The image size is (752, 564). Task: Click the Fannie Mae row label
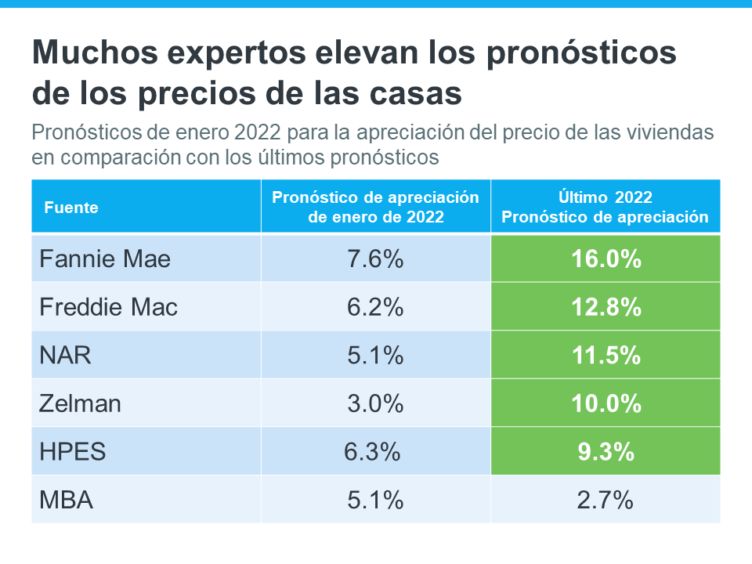point(105,258)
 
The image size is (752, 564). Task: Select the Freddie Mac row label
point(108,307)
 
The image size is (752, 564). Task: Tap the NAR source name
point(65,355)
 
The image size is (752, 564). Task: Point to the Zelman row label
point(80,403)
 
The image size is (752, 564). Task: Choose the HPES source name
point(72,451)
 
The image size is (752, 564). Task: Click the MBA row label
point(66,500)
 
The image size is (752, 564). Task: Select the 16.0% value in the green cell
point(606,258)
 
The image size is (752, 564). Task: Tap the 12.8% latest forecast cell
point(606,307)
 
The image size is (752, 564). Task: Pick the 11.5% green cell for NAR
point(606,355)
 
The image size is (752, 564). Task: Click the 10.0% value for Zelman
point(606,403)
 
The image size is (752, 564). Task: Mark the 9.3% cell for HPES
point(606,451)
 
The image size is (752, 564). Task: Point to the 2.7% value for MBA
point(606,500)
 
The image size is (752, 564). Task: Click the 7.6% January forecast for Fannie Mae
point(375,258)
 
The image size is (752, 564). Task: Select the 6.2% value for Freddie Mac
point(375,307)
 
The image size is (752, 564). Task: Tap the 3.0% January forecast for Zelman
point(375,403)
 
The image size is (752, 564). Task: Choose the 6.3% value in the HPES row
point(372,451)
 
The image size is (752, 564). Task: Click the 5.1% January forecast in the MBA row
point(375,500)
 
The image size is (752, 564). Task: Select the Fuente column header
point(71,208)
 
